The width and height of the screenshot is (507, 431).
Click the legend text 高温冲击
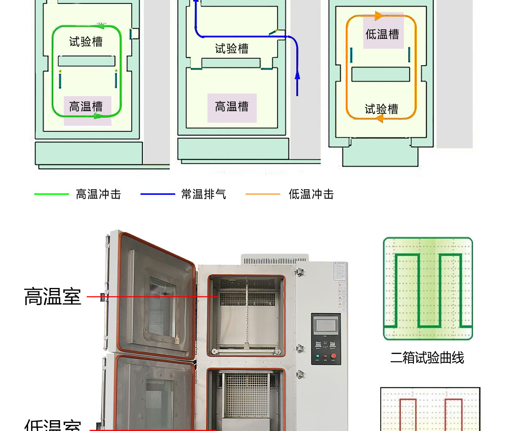click(98, 194)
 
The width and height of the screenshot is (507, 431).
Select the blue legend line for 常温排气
click(158, 194)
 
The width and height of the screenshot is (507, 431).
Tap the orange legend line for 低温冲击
click(263, 194)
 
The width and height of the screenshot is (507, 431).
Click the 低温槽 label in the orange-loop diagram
click(382, 34)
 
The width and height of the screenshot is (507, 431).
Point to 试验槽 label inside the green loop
click(86, 41)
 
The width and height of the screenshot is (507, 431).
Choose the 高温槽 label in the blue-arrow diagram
click(232, 107)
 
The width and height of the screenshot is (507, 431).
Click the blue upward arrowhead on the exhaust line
click(297, 75)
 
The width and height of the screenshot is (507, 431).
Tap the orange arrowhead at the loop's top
click(378, 16)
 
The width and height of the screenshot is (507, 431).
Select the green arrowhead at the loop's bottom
click(98, 116)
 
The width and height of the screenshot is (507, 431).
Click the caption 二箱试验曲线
click(427, 358)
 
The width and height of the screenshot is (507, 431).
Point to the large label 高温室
click(53, 297)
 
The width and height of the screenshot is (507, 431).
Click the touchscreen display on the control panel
click(326, 326)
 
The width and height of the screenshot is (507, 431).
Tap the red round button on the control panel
click(333, 356)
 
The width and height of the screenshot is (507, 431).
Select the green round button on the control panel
click(318, 356)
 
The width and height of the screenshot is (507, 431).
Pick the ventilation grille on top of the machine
click(275, 260)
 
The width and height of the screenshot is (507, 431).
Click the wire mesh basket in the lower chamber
click(247, 395)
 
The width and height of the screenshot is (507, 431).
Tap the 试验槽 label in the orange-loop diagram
click(381, 109)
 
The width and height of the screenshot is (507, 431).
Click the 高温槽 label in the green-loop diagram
click(86, 107)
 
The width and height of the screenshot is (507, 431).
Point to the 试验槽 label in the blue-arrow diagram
click(232, 48)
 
